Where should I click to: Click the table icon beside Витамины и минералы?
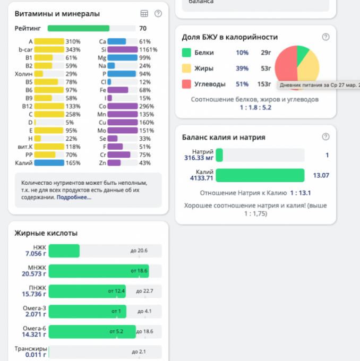(144, 14)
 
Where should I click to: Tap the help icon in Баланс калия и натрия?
(325, 137)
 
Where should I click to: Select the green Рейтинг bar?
(79, 29)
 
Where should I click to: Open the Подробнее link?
(74, 197)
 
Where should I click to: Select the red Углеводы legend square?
(186, 84)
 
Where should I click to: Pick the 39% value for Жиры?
(242, 68)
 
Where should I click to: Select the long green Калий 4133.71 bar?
(260, 175)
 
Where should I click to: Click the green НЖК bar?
(64, 251)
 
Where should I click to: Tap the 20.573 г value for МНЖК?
(34, 274)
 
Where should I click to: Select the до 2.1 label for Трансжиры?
(139, 351)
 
